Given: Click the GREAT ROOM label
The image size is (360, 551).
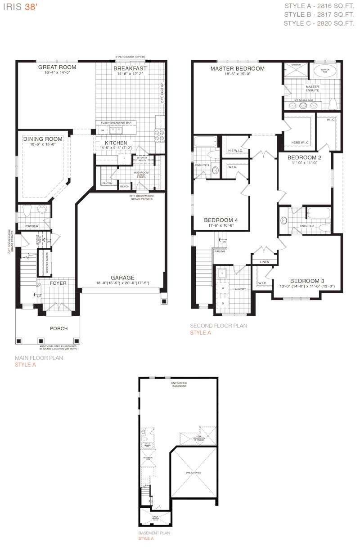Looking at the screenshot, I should (x=57, y=67).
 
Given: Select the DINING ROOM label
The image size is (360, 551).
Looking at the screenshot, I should (x=43, y=139).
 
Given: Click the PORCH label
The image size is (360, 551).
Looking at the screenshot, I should (x=58, y=328).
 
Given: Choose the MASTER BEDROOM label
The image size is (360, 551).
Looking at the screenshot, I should (x=237, y=69).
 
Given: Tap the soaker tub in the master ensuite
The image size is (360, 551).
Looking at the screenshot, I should (x=321, y=71).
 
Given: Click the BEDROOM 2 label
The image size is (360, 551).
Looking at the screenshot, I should (x=305, y=158).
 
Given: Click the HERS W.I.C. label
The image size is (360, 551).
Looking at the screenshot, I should (x=298, y=143).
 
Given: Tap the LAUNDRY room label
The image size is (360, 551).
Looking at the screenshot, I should (x=239, y=289).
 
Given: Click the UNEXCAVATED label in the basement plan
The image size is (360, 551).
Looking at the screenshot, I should (x=193, y=473).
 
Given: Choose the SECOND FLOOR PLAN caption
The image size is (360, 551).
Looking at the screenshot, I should (x=218, y=326).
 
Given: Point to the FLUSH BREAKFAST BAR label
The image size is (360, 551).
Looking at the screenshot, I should (x=116, y=122).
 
